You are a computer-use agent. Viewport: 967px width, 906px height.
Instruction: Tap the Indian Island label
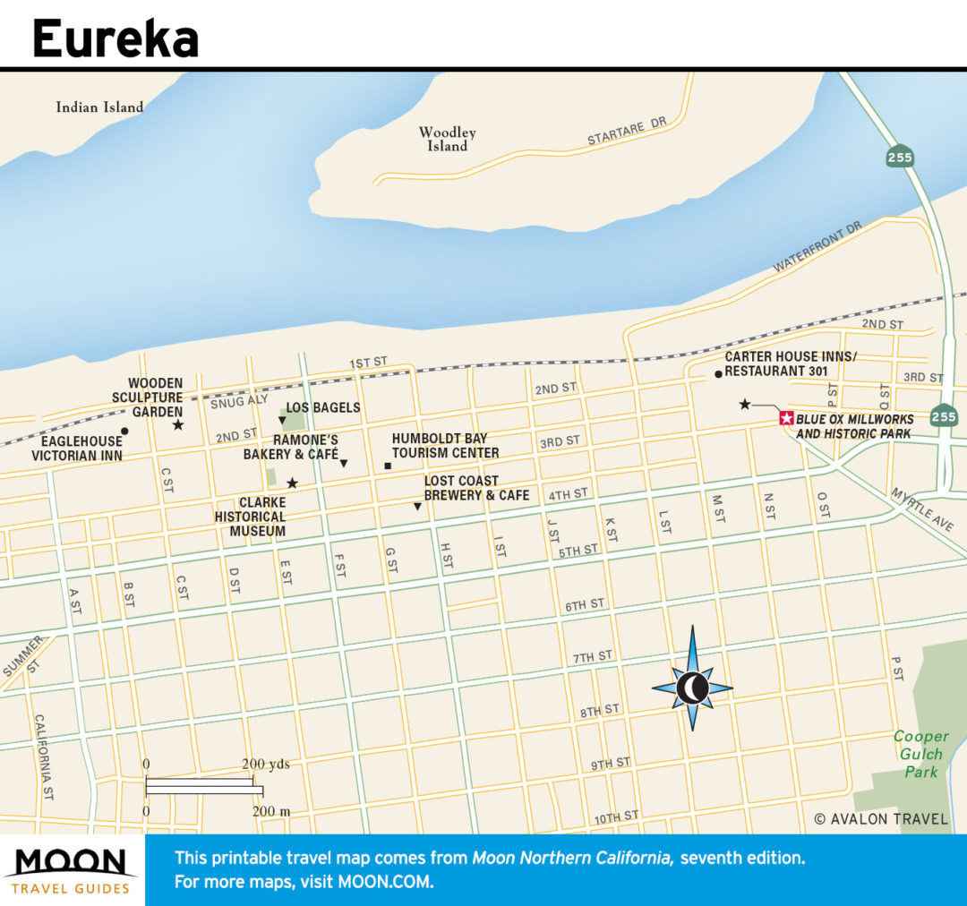tap(99, 107)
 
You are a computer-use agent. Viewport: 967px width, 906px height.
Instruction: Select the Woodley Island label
tap(448, 139)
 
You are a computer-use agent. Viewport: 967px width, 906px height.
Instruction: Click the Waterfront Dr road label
tap(817, 248)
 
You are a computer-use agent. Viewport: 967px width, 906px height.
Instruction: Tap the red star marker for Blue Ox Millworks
tap(786, 418)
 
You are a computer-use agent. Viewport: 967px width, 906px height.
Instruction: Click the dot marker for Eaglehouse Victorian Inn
tap(124, 432)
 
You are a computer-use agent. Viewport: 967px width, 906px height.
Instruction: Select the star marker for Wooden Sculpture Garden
tap(178, 424)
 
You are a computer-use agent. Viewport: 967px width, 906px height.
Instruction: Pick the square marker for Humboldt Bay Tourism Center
tap(388, 466)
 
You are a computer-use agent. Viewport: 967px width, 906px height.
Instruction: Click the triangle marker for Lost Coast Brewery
tap(417, 508)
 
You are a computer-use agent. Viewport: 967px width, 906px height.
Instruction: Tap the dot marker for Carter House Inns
tap(718, 373)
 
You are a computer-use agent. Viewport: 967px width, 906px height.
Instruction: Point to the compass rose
tap(692, 688)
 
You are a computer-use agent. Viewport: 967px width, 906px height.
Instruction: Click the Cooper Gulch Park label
tap(920, 754)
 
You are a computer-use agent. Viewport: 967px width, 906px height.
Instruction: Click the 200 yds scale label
tap(265, 765)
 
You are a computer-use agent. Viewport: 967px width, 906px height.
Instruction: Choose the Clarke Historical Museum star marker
tap(292, 483)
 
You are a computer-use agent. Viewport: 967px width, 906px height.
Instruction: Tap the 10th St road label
tap(616, 816)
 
